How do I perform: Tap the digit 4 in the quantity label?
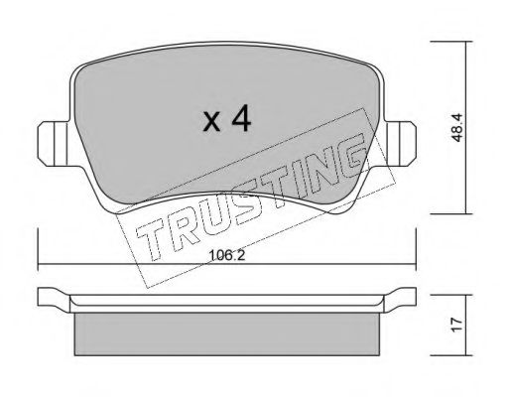[239, 119]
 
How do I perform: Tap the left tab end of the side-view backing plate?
[50, 297]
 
